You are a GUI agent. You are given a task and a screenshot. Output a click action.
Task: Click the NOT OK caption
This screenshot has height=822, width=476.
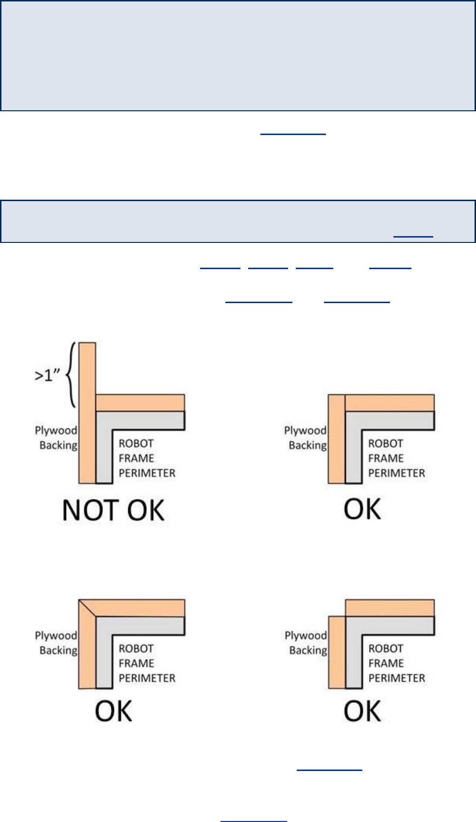tap(113, 510)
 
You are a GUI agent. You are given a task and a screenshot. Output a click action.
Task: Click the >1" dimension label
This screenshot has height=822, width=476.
tap(48, 375)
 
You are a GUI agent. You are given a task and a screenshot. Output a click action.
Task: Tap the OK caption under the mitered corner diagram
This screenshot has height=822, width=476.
tap(113, 711)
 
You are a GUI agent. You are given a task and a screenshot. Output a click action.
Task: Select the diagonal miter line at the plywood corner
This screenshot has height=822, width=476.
tap(87, 608)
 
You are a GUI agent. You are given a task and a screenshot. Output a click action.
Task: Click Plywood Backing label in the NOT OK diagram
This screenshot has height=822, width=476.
tap(56, 438)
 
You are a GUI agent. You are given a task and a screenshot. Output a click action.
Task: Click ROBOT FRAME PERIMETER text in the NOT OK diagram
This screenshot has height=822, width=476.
tap(147, 458)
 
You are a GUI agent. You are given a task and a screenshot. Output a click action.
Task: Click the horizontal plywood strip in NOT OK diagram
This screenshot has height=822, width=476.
tap(140, 403)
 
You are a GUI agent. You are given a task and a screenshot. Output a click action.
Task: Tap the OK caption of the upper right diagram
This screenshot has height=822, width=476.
tap(362, 509)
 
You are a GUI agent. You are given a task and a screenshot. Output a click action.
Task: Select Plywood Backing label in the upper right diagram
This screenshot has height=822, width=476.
tap(306, 438)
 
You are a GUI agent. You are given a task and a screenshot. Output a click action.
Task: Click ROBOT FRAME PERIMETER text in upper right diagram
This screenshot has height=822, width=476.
tap(396, 458)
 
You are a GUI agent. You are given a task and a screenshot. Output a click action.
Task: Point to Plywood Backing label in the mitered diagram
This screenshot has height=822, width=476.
tap(56, 643)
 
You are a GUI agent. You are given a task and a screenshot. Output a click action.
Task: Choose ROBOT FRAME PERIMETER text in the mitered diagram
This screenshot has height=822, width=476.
tap(147, 663)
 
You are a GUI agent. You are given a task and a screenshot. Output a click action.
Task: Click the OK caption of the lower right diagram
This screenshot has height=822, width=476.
tap(362, 711)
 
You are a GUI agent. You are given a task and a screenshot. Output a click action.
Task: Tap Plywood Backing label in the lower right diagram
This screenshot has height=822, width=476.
tap(306, 643)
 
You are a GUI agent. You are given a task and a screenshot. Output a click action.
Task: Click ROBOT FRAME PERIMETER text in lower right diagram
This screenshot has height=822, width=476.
tap(396, 663)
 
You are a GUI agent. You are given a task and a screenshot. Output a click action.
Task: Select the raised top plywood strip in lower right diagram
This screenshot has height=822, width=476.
tap(390, 608)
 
